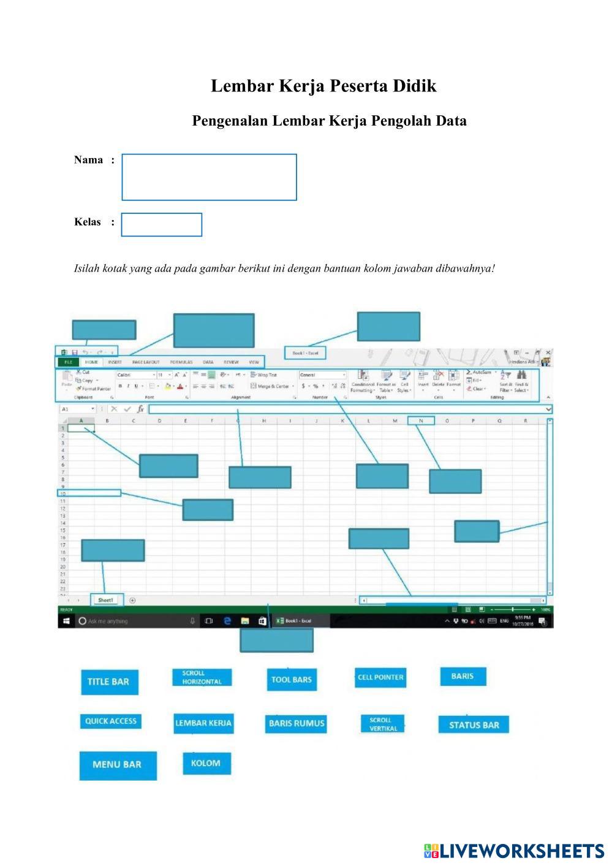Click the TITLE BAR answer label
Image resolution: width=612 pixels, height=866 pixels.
[x=108, y=682]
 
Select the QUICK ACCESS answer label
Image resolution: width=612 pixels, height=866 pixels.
[x=111, y=721]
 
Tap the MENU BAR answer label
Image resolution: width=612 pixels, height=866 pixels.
[x=117, y=765]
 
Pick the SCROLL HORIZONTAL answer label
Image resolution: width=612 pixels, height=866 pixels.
[x=202, y=677]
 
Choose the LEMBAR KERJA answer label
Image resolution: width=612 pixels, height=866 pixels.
[x=203, y=723]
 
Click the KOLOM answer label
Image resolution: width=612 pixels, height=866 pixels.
[x=206, y=763]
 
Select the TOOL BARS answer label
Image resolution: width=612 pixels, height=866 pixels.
[x=292, y=679]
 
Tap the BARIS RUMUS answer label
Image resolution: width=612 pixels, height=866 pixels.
[x=297, y=723]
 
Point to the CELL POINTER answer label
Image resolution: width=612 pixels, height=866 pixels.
[x=380, y=677]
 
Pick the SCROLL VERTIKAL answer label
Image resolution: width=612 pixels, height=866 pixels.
[x=383, y=724]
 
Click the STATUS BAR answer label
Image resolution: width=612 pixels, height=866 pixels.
[x=474, y=725]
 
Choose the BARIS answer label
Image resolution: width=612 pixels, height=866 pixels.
[x=463, y=676]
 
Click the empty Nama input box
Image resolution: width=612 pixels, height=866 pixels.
[x=209, y=177]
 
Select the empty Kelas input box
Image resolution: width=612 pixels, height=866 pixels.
[x=162, y=224]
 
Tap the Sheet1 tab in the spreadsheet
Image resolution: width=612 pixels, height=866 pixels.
[x=105, y=601]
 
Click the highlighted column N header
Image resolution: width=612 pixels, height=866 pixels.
[x=421, y=421]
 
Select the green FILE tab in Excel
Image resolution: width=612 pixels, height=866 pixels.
[x=68, y=362]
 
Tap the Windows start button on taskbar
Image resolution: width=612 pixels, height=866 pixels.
[x=66, y=621]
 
